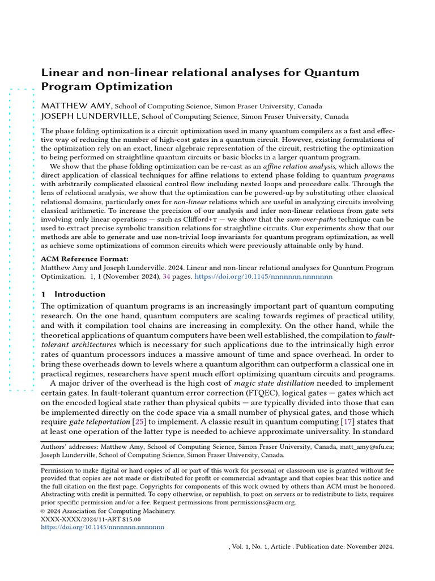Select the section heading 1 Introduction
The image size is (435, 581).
(x=73, y=294)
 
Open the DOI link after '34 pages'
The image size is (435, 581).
(x=263, y=277)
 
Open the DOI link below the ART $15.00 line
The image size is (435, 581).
(x=103, y=527)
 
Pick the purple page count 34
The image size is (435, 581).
(x=166, y=277)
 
